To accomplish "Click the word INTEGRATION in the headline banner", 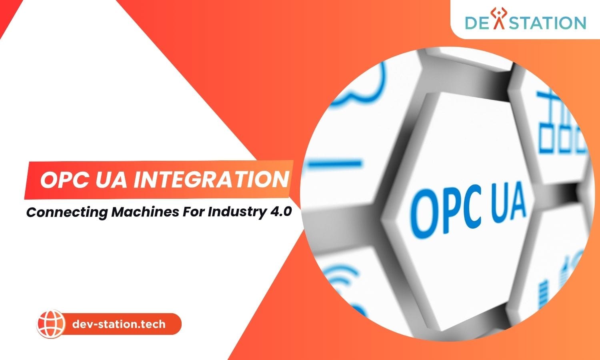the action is pyautogui.click(x=211, y=180).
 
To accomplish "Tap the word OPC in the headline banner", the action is pyautogui.click(x=64, y=180).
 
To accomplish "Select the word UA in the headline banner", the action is pyautogui.click(x=111, y=180).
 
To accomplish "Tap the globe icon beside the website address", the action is pyautogui.click(x=51, y=324).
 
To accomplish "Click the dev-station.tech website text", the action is pyautogui.click(x=119, y=324).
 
